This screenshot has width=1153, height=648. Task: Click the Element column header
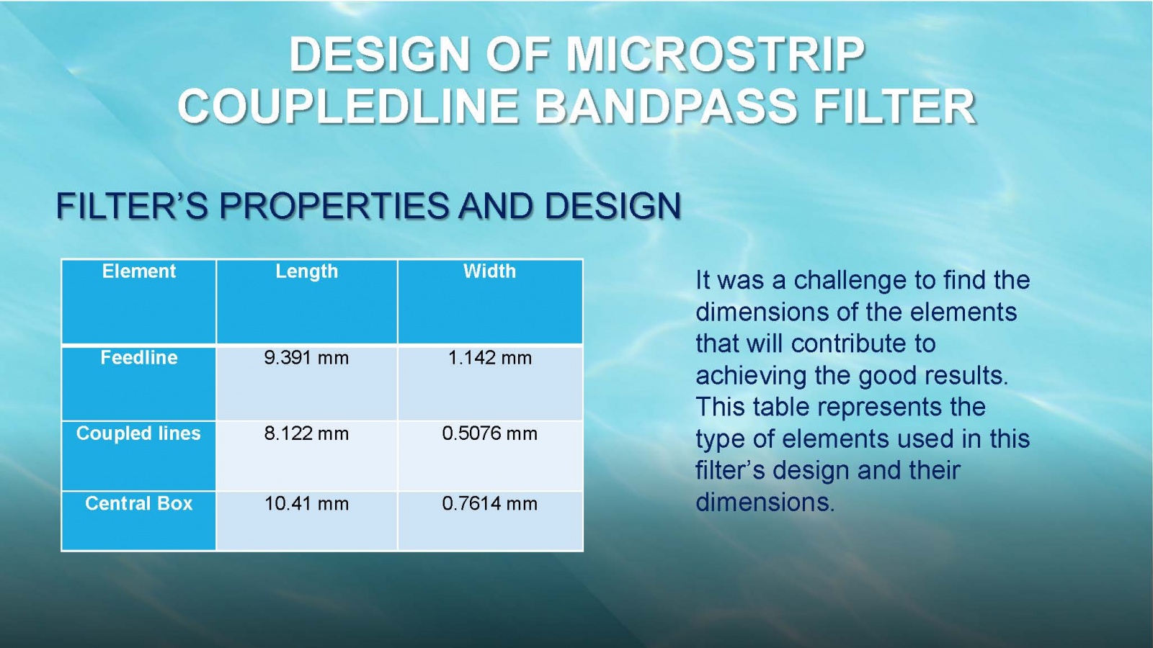[x=139, y=271]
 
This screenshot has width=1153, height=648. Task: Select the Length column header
[x=307, y=271]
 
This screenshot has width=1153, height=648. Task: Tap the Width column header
[x=489, y=271]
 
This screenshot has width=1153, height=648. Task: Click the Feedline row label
[x=139, y=357]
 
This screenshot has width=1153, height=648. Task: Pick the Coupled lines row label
[x=138, y=433]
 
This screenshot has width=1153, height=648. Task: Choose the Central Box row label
[x=138, y=503]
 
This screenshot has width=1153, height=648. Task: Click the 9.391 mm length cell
[x=307, y=358]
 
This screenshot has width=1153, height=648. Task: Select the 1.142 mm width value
[x=489, y=358]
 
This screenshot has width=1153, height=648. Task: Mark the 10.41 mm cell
[x=307, y=504]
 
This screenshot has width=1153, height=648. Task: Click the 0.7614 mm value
[x=489, y=504]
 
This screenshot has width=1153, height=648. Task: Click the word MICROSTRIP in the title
[x=716, y=55]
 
